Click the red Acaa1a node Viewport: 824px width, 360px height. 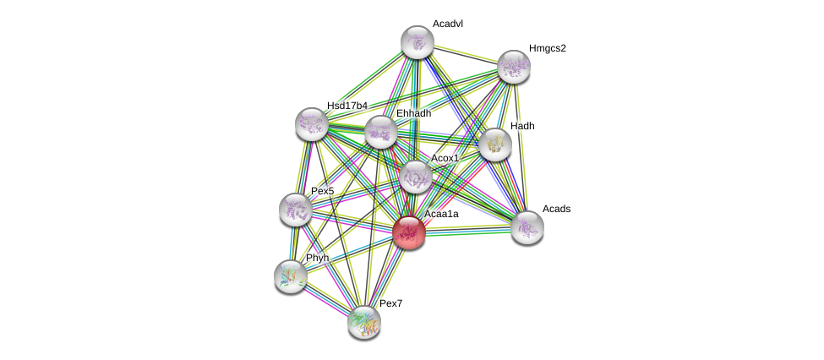(409, 232)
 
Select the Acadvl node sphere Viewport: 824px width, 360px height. (417, 42)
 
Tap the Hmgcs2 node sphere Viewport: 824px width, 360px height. (513, 67)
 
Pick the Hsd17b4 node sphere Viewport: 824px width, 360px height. (312, 124)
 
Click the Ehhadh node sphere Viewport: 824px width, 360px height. (381, 132)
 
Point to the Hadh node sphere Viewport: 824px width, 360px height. (495, 145)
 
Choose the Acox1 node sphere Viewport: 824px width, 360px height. (415, 177)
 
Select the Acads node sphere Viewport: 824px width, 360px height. (527, 226)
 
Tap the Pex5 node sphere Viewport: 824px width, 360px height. (295, 210)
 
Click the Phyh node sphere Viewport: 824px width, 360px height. (291, 275)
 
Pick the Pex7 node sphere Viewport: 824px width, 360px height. (364, 321)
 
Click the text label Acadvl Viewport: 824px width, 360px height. (447, 24)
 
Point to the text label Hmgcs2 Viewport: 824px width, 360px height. (547, 48)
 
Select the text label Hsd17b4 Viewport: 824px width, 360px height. (347, 106)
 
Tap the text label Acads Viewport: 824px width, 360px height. (556, 209)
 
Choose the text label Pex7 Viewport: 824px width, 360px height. (391, 303)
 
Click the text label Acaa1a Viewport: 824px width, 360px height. (441, 215)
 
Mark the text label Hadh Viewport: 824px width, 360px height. (522, 126)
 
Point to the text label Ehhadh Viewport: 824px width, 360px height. (413, 113)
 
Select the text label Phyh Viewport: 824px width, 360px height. (317, 258)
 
